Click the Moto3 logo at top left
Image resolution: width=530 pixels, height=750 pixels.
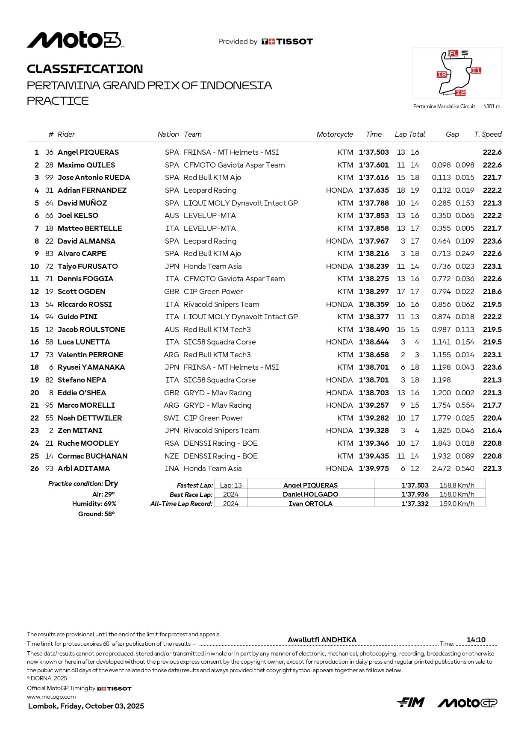pos(75,40)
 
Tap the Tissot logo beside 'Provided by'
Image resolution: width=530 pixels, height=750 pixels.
pos(287,41)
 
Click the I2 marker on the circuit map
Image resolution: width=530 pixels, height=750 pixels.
pos(460,93)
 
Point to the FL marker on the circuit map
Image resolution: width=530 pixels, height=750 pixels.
pos(453,53)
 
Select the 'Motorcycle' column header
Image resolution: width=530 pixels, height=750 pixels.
pos(335,134)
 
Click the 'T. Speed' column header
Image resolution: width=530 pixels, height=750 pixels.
pos(488,134)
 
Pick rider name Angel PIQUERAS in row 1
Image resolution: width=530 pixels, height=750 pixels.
pos(88,152)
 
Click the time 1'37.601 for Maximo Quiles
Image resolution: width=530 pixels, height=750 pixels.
pos(374,165)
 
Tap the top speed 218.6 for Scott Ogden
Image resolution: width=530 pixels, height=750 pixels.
pos(492,291)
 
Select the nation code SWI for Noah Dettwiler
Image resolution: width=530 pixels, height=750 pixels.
pos(171,418)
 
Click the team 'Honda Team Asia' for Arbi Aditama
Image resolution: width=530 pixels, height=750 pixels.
pos(212,468)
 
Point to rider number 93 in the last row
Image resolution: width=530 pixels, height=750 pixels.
pos(49,468)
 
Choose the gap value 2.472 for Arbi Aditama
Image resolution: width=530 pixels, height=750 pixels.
pos(441,468)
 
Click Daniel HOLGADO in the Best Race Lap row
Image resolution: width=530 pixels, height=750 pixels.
pos(310,494)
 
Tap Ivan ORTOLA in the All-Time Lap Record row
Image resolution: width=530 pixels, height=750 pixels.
pos(310,504)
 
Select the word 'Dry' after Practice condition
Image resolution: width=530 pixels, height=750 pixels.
pos(111,483)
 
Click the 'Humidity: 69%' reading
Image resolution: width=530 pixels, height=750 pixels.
pos(94,504)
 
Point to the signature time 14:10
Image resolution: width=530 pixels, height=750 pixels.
pos(476,640)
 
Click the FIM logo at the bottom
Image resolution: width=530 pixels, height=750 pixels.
pos(410,703)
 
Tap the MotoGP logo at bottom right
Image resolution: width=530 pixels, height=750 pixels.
pos(467,703)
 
